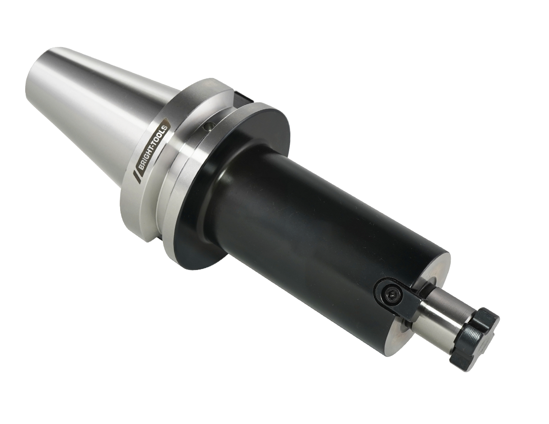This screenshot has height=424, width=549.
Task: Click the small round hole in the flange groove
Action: (x=208, y=126)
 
